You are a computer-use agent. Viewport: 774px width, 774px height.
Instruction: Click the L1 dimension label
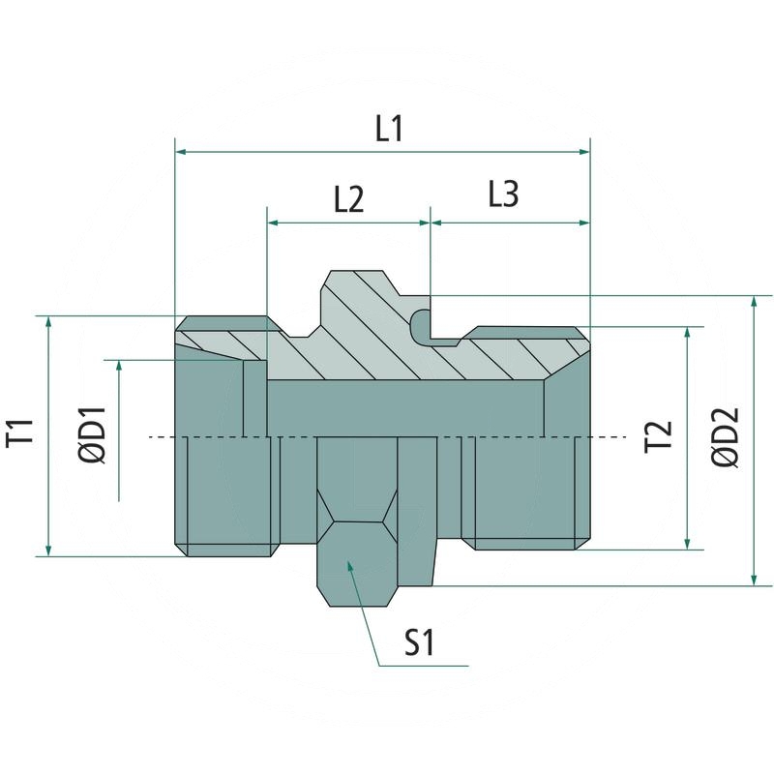tap(389, 131)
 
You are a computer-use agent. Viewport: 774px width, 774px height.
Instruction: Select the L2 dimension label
tap(348, 199)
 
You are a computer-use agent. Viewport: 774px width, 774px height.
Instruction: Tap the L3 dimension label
tap(503, 195)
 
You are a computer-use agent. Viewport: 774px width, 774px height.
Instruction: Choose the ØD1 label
tap(93, 432)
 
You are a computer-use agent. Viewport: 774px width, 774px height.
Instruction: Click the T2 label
tap(659, 436)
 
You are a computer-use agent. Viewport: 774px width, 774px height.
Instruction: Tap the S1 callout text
tap(419, 642)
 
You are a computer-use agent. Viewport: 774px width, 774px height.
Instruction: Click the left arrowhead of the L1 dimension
tap(181, 152)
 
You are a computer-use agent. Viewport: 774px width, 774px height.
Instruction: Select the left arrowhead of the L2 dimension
tap(273, 223)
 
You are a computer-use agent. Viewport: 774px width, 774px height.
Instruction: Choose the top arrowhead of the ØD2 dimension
tap(754, 302)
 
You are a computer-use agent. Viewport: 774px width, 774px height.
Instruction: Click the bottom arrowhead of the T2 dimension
tap(688, 544)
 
